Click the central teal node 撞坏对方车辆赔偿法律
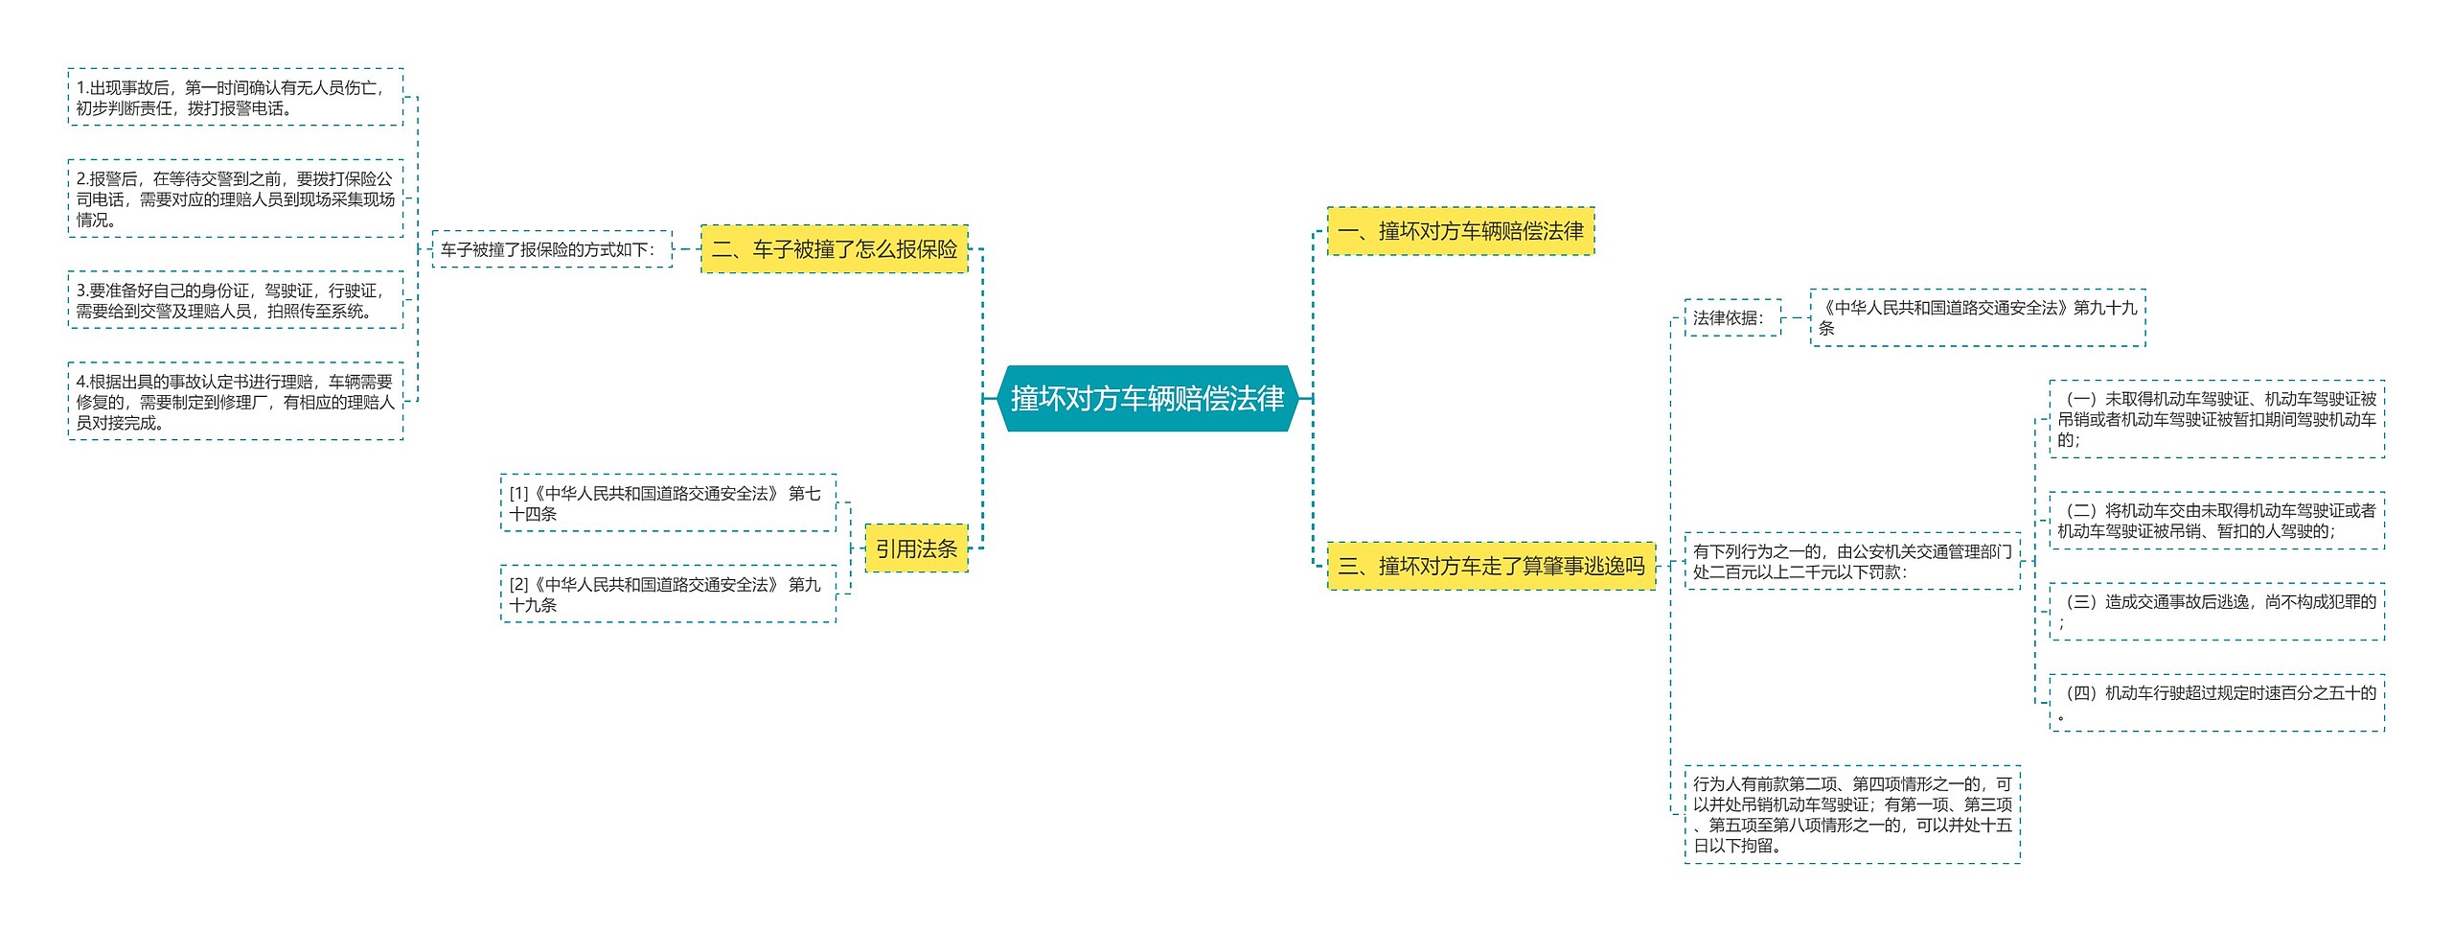click(x=1147, y=398)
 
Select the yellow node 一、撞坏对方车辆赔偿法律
click(x=1460, y=231)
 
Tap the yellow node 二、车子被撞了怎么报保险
click(x=834, y=249)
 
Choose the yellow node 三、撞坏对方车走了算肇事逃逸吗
click(x=1491, y=566)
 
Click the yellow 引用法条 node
click(x=916, y=548)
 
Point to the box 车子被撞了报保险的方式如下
click(x=552, y=249)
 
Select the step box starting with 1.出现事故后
click(x=236, y=97)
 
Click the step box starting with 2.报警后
click(x=236, y=198)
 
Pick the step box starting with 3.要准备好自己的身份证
click(x=236, y=300)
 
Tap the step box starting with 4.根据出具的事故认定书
click(x=236, y=402)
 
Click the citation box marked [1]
click(x=668, y=503)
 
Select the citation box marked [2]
click(x=668, y=594)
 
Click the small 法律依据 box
click(x=1732, y=317)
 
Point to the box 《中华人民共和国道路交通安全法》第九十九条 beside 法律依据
click(x=1977, y=317)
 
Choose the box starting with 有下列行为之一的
click(x=1852, y=561)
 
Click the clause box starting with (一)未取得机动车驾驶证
click(x=2216, y=419)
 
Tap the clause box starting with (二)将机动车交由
click(x=2216, y=521)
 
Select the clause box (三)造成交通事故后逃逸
click(x=2216, y=612)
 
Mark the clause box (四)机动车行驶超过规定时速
click(x=2216, y=703)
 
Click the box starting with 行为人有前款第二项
click(x=1852, y=814)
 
